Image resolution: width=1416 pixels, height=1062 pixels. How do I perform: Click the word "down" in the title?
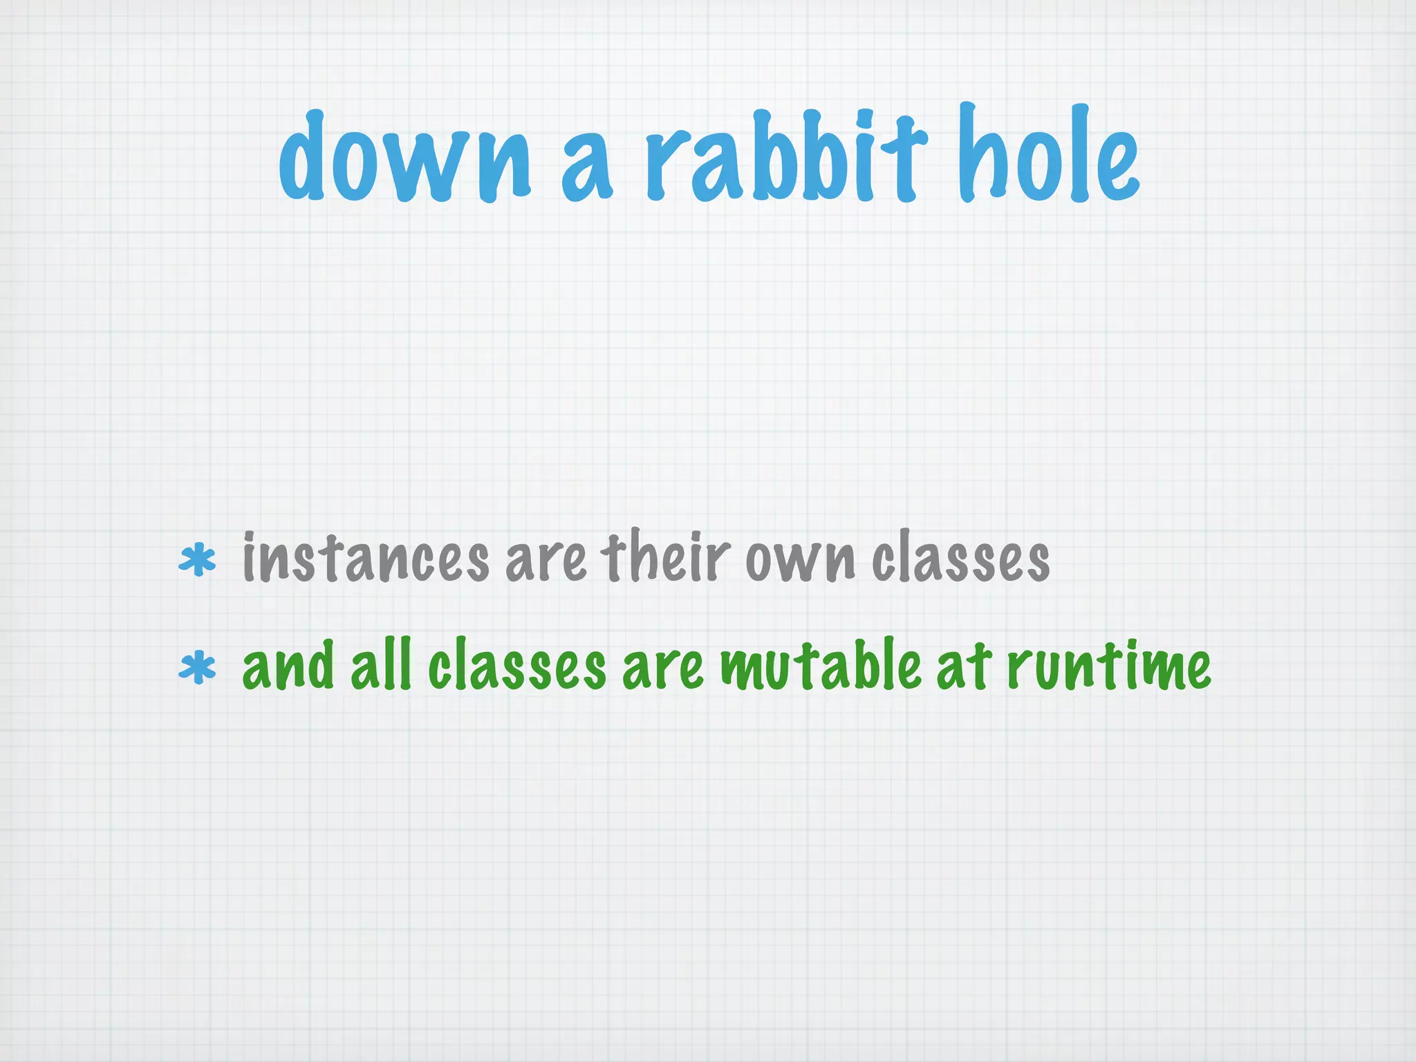point(404,158)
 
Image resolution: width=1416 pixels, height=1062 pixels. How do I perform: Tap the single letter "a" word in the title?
point(586,169)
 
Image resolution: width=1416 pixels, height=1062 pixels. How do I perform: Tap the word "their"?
point(665,557)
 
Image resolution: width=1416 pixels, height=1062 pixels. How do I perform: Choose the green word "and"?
point(289,665)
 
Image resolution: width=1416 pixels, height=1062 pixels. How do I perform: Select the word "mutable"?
point(821,665)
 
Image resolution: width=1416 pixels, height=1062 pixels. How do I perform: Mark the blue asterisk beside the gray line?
point(197,560)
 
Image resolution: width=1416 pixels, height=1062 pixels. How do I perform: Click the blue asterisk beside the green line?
point(197,667)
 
